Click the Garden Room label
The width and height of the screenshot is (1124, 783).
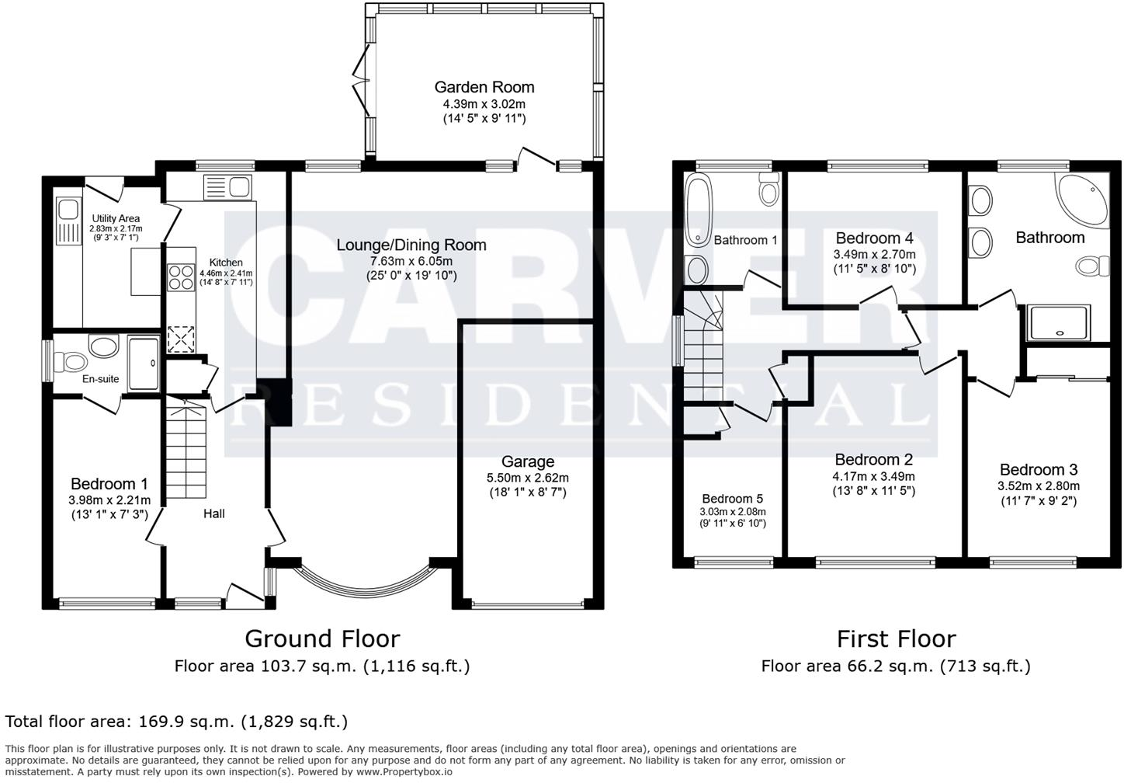pyautogui.click(x=484, y=87)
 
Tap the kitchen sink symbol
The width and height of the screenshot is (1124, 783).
pyautogui.click(x=227, y=186)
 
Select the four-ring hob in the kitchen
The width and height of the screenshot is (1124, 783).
pyautogui.click(x=181, y=277)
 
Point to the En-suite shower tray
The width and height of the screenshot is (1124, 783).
pyautogui.click(x=143, y=363)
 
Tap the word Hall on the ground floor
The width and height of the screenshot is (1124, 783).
pyautogui.click(x=214, y=513)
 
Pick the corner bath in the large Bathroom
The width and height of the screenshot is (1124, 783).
pyautogui.click(x=1084, y=198)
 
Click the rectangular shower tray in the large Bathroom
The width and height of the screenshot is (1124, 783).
pyautogui.click(x=1059, y=322)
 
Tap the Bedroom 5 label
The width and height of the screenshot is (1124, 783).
pyautogui.click(x=732, y=499)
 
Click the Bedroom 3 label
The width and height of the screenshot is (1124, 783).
pyautogui.click(x=1038, y=469)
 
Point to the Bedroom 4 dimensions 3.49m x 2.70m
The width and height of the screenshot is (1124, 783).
pyautogui.click(x=874, y=254)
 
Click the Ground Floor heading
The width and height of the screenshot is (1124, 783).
pyautogui.click(x=322, y=639)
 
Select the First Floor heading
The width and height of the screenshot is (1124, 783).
pyautogui.click(x=896, y=639)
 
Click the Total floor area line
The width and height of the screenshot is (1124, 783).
pyautogui.click(x=176, y=722)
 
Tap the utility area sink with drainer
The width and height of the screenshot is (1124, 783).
pyautogui.click(x=68, y=220)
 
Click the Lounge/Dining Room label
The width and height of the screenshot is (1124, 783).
pyautogui.click(x=411, y=245)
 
